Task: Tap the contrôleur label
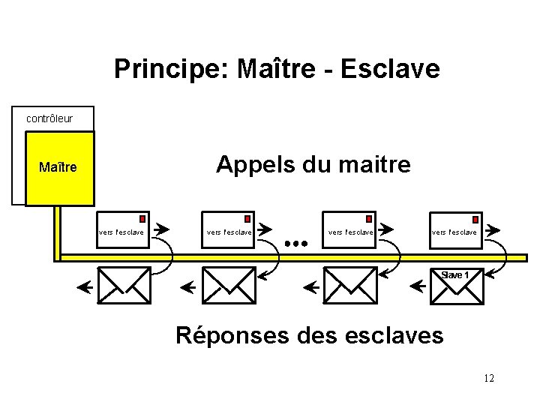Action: pos(49,118)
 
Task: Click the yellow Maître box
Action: pos(59,167)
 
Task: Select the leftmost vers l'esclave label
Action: pos(121,232)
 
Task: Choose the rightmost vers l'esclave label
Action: pos(454,232)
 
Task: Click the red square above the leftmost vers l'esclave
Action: pos(142,219)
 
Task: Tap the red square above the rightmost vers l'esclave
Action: pos(475,219)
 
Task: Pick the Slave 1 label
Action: pos(455,274)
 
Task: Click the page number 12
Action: pos(489,378)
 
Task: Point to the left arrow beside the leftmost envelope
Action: pos(85,286)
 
